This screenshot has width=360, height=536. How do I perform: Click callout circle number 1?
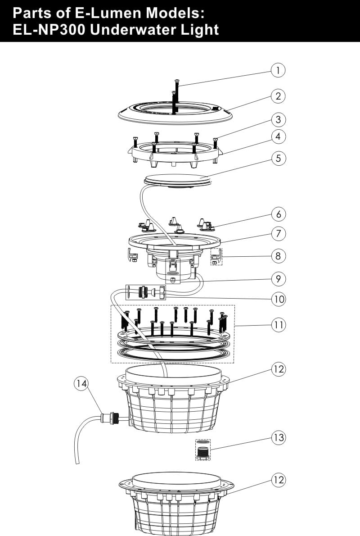pyautogui.click(x=279, y=70)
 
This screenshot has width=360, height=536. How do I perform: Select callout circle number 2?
pyautogui.click(x=279, y=95)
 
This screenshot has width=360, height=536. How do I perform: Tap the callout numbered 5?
pyautogui.click(x=279, y=158)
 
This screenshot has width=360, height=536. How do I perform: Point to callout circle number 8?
pyautogui.click(x=279, y=256)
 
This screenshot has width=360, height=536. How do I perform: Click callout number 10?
pyautogui.click(x=279, y=299)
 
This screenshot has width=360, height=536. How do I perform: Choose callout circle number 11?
pyautogui.click(x=279, y=325)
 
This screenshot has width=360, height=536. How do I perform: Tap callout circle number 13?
pyautogui.click(x=279, y=437)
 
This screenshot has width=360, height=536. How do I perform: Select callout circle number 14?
pyautogui.click(x=81, y=384)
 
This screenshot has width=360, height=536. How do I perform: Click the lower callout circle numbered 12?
pyautogui.click(x=279, y=480)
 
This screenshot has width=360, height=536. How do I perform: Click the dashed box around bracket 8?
pyautogui.click(x=217, y=256)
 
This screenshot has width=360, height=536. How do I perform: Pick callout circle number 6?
pyautogui.click(x=279, y=213)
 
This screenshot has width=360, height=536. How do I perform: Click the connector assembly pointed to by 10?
pyautogui.click(x=146, y=292)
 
